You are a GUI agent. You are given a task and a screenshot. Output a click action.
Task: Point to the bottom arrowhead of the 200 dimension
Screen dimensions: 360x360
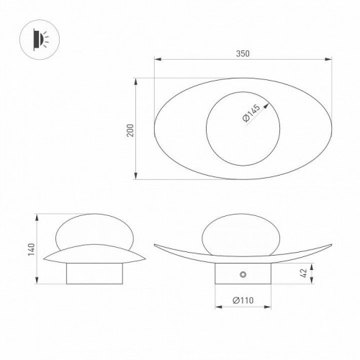click(137, 178)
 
